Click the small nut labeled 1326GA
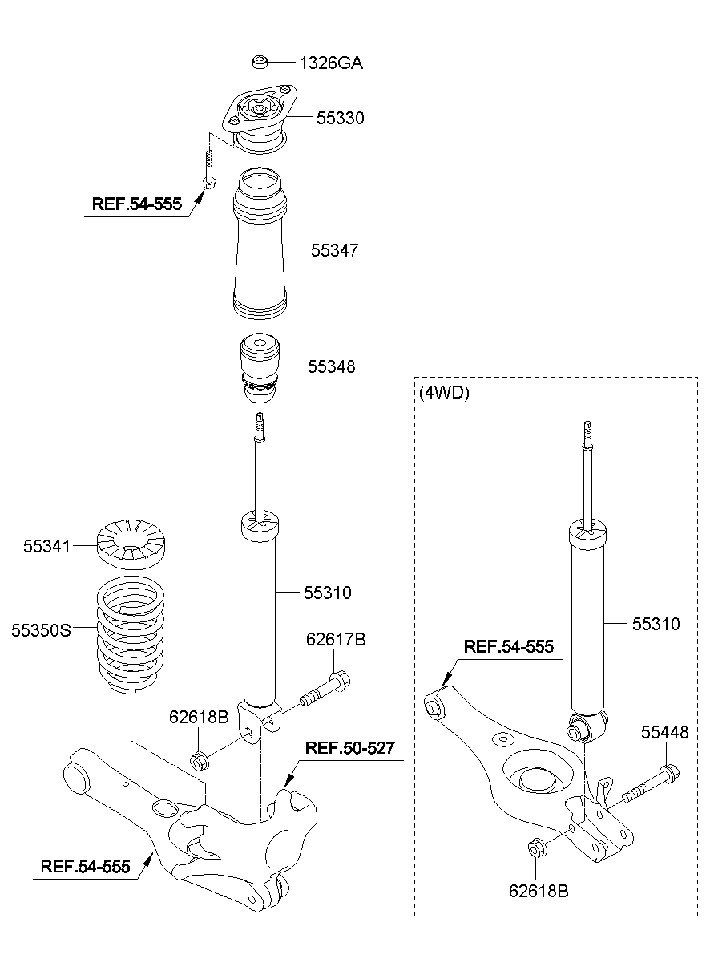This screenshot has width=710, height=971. point(259,61)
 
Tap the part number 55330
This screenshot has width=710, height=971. point(340,119)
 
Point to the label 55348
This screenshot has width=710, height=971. point(332,366)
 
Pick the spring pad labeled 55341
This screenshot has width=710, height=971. point(132,545)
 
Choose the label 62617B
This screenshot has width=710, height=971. point(336,639)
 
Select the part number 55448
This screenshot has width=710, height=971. point(664,732)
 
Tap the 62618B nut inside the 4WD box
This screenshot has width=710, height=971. point(538,848)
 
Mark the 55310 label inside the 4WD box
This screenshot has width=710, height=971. point(656,624)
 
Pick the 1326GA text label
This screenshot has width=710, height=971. point(331,63)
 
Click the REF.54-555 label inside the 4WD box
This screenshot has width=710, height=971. point(509,646)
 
